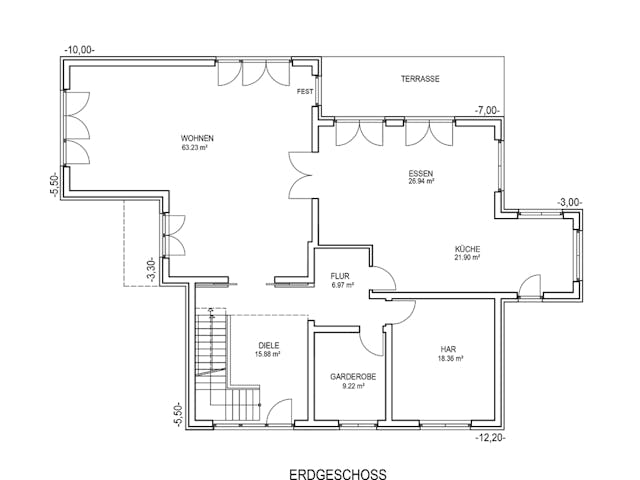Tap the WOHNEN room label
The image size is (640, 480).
[x=197, y=138]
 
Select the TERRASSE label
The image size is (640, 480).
[x=420, y=79]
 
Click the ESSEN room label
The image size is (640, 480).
[x=420, y=173]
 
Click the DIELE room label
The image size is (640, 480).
[x=268, y=345]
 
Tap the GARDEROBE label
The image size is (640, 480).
[x=353, y=377]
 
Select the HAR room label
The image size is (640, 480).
[x=448, y=349]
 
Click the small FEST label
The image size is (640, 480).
[x=305, y=92]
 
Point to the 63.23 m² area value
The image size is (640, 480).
[x=194, y=148]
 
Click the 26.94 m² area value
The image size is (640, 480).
[x=420, y=182]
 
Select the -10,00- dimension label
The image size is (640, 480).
[x=80, y=48]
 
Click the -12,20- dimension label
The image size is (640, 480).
[x=492, y=437]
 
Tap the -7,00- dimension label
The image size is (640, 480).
[x=487, y=109]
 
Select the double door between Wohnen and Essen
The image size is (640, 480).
[x=299, y=175]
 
